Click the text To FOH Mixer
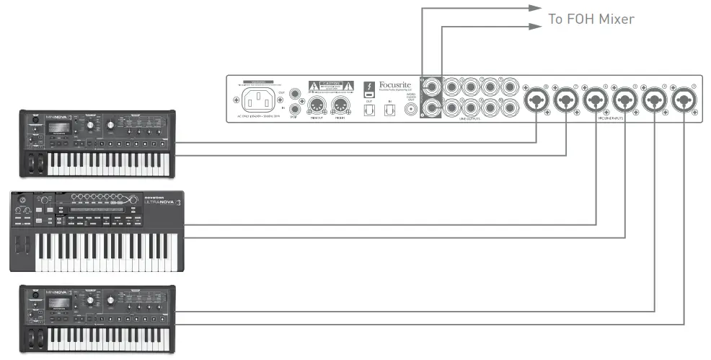[x=591, y=19]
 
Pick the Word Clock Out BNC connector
[x=413, y=109]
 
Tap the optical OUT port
[x=370, y=110]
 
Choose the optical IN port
[x=389, y=110]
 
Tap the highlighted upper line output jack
[x=434, y=87]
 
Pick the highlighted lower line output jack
[x=434, y=108]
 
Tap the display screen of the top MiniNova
[x=61, y=128]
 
